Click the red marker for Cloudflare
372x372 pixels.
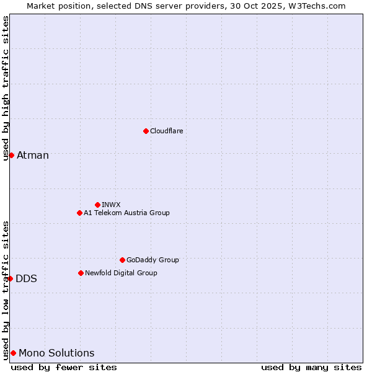tap(146, 131)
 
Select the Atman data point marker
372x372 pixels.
tap(11, 155)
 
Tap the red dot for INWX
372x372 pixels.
tap(97, 205)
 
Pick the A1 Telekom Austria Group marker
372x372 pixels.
tap(79, 213)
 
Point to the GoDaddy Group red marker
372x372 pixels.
tap(122, 260)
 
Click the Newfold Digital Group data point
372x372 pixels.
tap(81, 273)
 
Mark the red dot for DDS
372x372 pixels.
tap(11, 278)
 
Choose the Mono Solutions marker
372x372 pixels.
tap(13, 353)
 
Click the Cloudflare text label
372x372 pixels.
tap(167, 131)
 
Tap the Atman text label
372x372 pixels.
tap(33, 155)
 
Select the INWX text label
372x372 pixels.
tap(112, 205)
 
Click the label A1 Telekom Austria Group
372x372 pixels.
tap(127, 213)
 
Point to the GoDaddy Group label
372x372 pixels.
tap(153, 260)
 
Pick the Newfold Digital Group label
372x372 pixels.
tap(122, 273)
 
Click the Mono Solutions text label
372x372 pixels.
tap(57, 353)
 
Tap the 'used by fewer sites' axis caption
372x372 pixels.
tap(64, 367)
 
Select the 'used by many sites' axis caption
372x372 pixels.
tap(311, 367)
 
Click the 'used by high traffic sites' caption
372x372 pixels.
tap(6, 88)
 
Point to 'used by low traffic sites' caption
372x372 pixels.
tap(6, 290)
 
